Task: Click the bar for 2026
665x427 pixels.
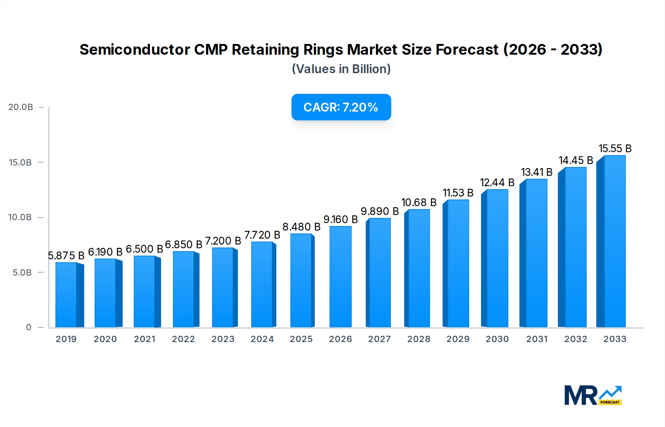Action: pyautogui.click(x=340, y=277)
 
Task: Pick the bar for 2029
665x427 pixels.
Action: pyautogui.click(x=458, y=264)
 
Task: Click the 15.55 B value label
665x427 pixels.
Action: pyautogui.click(x=615, y=148)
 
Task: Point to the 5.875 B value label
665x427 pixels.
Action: pyautogui.click(x=66, y=256)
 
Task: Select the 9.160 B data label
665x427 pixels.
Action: pyautogui.click(x=340, y=219)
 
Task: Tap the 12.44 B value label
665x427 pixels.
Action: pyautogui.click(x=497, y=182)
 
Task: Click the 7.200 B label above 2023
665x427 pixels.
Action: pyautogui.click(x=223, y=241)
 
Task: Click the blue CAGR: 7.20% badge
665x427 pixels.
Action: pyautogui.click(x=341, y=107)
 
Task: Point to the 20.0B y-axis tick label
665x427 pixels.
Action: pyautogui.click(x=21, y=107)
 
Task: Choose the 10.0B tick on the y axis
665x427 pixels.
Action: pyautogui.click(x=20, y=217)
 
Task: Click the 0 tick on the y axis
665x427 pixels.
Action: pyautogui.click(x=28, y=327)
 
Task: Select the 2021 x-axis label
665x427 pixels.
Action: pyautogui.click(x=144, y=339)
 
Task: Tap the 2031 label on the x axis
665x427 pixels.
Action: pyautogui.click(x=536, y=339)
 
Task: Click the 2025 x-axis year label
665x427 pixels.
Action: pyautogui.click(x=301, y=339)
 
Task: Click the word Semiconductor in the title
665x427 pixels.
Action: pyautogui.click(x=134, y=49)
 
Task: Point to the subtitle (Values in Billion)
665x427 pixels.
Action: pyautogui.click(x=341, y=69)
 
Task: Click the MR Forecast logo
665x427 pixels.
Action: pyautogui.click(x=593, y=395)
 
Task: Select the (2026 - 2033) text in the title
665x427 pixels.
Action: pyautogui.click(x=553, y=49)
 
